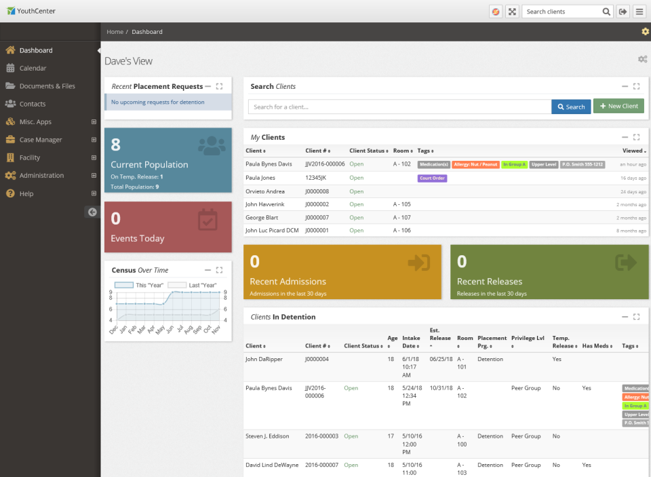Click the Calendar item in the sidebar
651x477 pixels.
click(x=33, y=69)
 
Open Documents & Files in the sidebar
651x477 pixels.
click(x=47, y=86)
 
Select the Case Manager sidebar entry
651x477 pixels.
click(x=41, y=140)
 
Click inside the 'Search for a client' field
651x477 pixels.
click(x=399, y=107)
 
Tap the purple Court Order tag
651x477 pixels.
click(x=432, y=178)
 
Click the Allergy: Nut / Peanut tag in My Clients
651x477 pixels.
click(x=475, y=165)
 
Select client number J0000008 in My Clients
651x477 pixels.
click(x=317, y=191)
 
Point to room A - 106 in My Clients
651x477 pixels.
click(x=401, y=231)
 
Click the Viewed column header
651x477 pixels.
click(x=633, y=151)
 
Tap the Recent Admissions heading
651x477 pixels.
click(x=288, y=282)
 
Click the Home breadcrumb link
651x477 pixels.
click(x=115, y=32)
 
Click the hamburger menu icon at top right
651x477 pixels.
click(x=639, y=12)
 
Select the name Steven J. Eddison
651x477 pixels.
click(x=267, y=436)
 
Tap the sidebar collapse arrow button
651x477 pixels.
click(x=92, y=212)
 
